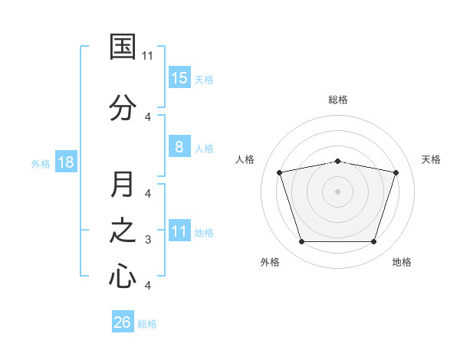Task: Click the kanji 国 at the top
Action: (x=123, y=47)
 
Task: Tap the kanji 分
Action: (x=123, y=107)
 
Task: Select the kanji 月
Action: (x=122, y=184)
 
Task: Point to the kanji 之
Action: (x=123, y=231)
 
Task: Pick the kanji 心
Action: (x=123, y=275)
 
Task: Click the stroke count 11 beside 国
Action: (x=147, y=56)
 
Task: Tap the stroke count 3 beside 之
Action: (x=148, y=240)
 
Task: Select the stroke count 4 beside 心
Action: (x=148, y=285)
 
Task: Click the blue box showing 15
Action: (x=179, y=77)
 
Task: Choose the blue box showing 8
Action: (x=179, y=146)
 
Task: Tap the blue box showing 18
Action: (x=66, y=162)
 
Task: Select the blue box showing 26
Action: (x=123, y=321)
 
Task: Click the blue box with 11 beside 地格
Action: (x=179, y=230)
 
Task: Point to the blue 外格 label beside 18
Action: (x=41, y=164)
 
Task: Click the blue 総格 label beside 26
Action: (x=147, y=324)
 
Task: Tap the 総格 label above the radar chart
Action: (x=338, y=100)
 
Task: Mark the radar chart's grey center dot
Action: (x=337, y=191)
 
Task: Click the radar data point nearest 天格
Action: (x=396, y=172)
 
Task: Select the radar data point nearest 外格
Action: (x=301, y=241)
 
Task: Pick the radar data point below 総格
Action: (x=337, y=162)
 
